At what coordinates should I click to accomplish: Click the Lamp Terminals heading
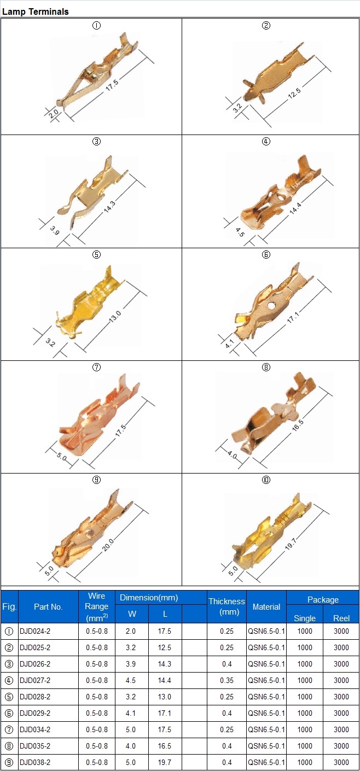[x=36, y=11]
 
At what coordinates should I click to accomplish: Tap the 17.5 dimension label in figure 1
[x=112, y=85]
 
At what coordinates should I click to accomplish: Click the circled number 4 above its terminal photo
[x=266, y=142]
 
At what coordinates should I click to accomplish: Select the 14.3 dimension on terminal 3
[x=109, y=207]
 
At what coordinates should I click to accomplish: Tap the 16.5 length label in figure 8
[x=298, y=425]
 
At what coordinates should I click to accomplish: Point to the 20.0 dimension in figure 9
[x=108, y=545]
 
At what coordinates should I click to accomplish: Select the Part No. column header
[x=48, y=607]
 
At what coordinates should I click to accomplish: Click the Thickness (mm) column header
[x=227, y=606]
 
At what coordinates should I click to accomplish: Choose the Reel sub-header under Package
[x=341, y=618]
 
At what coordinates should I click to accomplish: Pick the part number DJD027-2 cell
[x=35, y=680]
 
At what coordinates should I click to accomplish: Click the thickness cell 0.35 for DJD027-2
[x=227, y=680]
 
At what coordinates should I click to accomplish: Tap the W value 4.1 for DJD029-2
[x=131, y=713]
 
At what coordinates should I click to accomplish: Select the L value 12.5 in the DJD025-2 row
[x=164, y=648]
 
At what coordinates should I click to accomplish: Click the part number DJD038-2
[x=35, y=762]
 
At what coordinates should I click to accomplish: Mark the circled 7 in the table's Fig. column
[x=9, y=729]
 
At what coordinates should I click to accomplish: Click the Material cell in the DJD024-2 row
[x=266, y=631]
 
